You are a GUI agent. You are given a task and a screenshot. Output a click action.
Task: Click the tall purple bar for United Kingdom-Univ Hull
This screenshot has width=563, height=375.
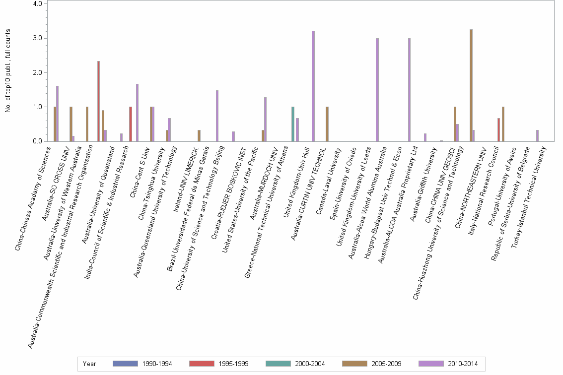[x=313, y=86]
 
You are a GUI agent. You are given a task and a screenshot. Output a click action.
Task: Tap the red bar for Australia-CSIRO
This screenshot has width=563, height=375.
[x=99, y=101]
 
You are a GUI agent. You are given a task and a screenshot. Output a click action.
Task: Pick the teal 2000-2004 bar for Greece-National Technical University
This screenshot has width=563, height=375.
[x=293, y=124]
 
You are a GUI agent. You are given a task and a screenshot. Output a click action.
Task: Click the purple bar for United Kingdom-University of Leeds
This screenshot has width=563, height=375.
[x=377, y=90]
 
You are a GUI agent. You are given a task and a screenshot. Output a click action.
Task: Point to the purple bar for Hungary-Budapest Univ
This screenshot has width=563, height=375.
[x=409, y=90]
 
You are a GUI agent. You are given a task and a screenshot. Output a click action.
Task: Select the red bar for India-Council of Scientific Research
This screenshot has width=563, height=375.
[x=131, y=124]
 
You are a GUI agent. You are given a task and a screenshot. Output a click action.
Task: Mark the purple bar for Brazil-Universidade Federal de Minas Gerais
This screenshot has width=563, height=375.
[x=217, y=116]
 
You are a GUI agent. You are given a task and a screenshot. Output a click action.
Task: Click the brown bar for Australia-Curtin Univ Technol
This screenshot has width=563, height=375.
[x=327, y=124]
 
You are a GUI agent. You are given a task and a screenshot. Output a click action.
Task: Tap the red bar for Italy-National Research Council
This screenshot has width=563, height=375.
[x=498, y=129]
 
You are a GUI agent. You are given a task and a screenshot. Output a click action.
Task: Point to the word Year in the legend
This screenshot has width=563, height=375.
[x=89, y=364]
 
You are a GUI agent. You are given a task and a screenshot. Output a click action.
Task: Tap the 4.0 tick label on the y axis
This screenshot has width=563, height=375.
[x=39, y=4]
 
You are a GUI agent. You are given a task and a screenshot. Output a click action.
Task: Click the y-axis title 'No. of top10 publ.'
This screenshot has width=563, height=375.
[x=8, y=70]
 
